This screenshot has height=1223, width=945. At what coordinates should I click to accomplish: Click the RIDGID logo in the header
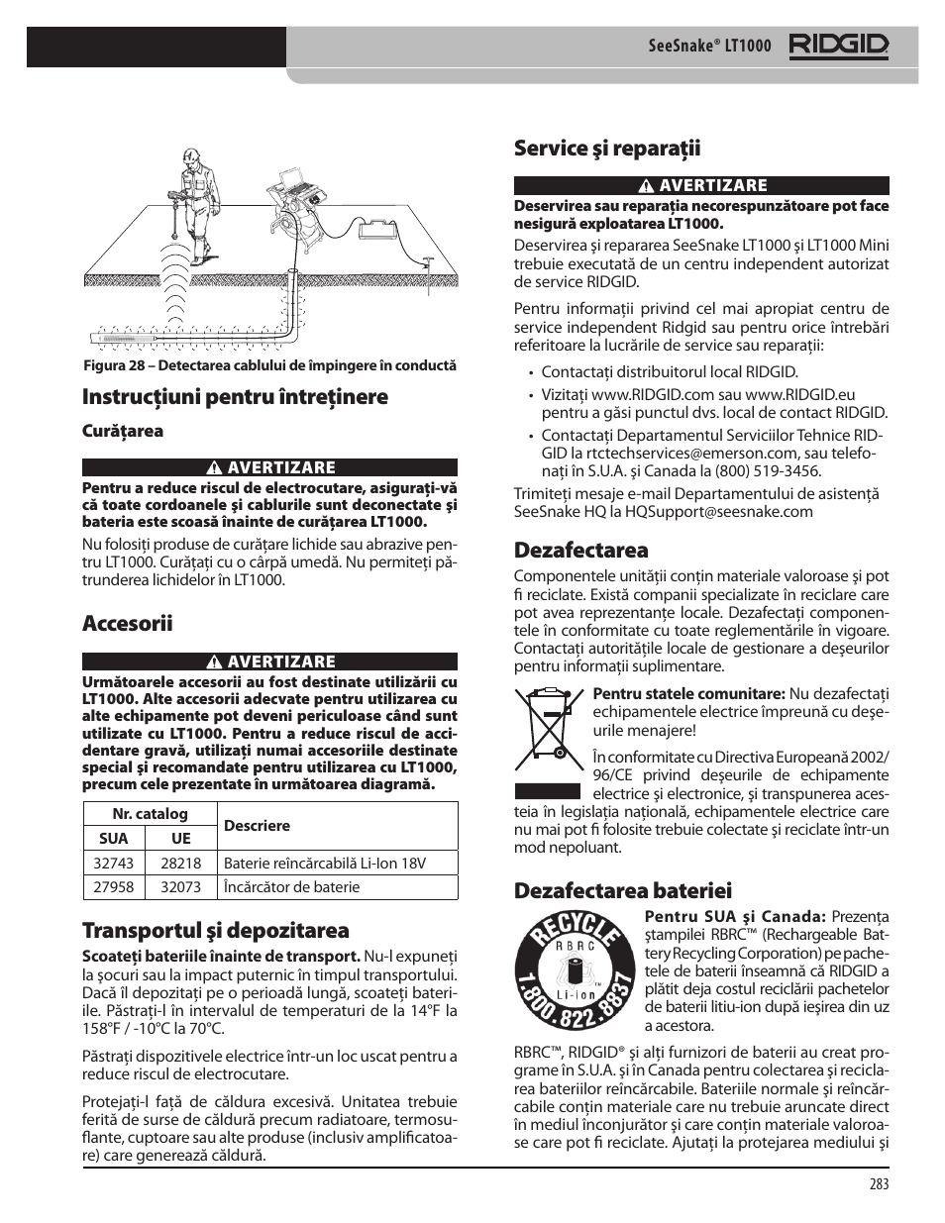tap(838, 46)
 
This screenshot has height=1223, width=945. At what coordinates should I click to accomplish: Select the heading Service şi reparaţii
tap(606, 149)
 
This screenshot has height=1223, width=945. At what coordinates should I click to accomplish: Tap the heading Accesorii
tap(127, 623)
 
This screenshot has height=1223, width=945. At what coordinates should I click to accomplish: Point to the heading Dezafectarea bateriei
tap(622, 890)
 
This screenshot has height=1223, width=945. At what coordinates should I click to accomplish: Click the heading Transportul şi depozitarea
tap(215, 930)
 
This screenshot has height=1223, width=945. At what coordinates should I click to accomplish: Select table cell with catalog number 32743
tap(114, 863)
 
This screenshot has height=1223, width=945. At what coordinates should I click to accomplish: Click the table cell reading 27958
tap(114, 886)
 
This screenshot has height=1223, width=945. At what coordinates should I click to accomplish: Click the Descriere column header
tap(257, 825)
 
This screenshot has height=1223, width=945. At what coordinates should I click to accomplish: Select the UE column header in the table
tap(180, 838)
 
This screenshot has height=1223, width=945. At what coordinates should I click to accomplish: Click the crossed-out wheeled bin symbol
tap(546, 731)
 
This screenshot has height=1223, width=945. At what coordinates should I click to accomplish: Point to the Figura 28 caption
tap(269, 365)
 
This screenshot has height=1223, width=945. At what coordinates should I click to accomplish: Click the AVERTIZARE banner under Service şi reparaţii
tap(700, 185)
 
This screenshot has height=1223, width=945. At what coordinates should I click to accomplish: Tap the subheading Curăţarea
tap(122, 431)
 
